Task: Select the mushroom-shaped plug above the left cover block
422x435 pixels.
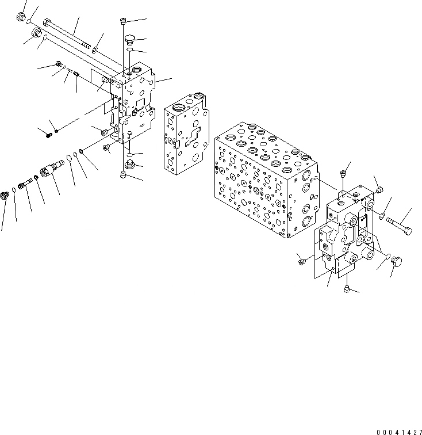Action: click(129, 39)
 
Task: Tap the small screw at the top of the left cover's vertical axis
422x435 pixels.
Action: click(124, 22)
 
